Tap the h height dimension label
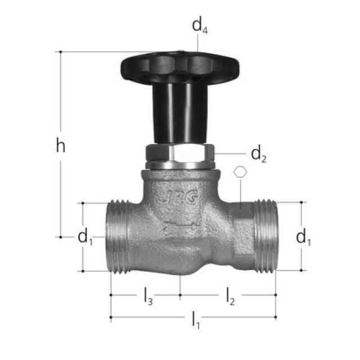(61, 146)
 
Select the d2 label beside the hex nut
(258, 153)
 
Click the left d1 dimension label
(85, 238)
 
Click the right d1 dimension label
(304, 238)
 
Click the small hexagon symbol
(240, 172)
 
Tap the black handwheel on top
(180, 66)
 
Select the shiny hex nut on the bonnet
(180, 153)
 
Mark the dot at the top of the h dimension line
(61, 52)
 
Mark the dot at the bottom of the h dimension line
(61, 237)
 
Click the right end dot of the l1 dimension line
(276, 317)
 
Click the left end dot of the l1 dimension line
(111, 317)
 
